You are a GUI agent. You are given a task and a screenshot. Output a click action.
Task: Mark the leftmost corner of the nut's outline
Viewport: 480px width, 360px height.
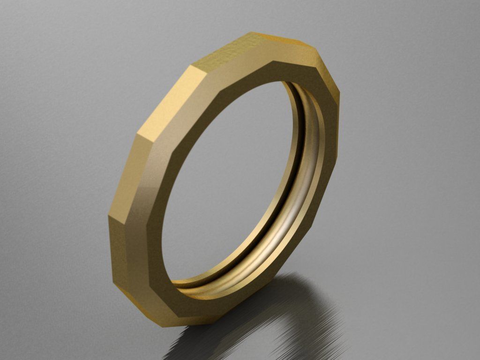click(x=108, y=217)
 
